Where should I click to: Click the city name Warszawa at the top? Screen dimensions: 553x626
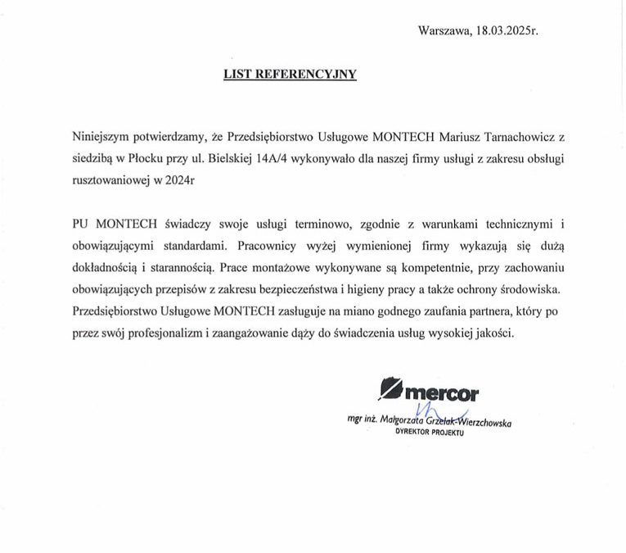(444, 31)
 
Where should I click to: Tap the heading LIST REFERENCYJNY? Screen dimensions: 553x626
(290, 74)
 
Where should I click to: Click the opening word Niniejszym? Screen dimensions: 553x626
(102, 136)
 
